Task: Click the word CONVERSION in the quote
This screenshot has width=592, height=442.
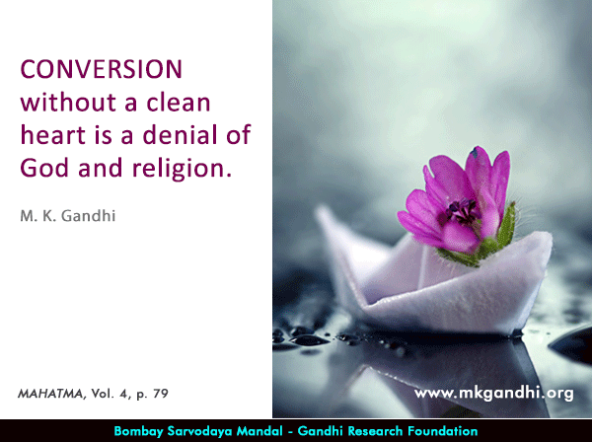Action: [x=102, y=69]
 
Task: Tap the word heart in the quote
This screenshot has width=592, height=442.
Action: [x=53, y=134]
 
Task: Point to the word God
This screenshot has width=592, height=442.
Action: [x=44, y=168]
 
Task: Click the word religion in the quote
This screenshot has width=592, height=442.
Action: [x=182, y=169]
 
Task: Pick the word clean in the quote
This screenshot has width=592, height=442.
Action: [x=179, y=102]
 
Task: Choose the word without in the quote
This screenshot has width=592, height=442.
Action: [x=68, y=102]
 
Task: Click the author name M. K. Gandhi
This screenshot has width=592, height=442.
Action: [x=68, y=216]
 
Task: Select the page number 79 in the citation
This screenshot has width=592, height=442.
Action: [x=161, y=394]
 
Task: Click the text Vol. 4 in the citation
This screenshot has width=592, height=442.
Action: [x=110, y=394]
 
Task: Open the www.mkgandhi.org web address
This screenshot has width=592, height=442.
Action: [x=494, y=394]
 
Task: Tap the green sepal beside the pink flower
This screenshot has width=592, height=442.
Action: [x=506, y=225]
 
